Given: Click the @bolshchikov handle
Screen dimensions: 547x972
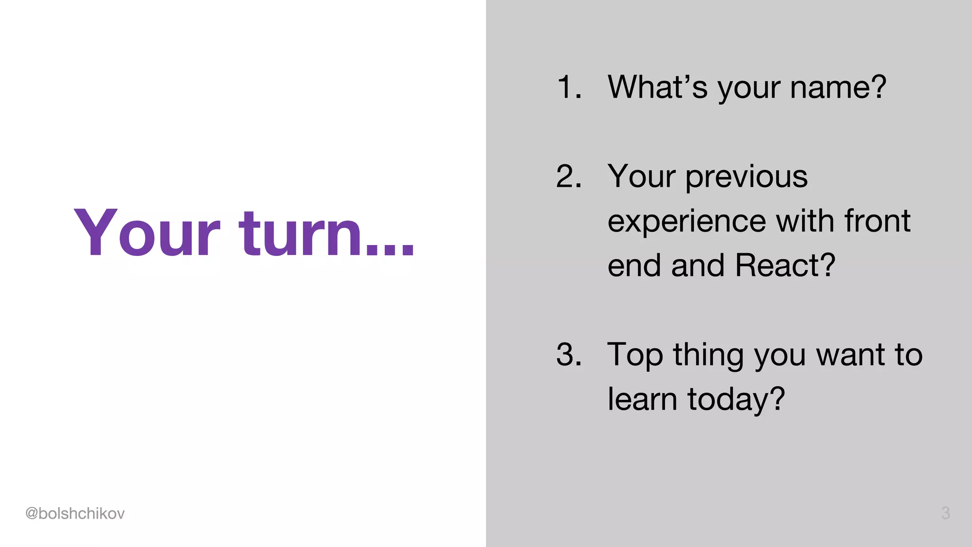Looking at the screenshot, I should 75,513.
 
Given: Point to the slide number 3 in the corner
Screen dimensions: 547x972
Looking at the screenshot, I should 945,513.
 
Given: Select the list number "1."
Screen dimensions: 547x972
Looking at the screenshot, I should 569,87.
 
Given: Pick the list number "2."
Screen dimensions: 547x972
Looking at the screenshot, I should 569,177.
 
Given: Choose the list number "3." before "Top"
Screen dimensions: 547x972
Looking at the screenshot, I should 569,355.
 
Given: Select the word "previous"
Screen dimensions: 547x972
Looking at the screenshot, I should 746,177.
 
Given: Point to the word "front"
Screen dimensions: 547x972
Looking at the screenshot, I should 878,221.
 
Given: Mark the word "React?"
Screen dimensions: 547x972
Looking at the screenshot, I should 785,265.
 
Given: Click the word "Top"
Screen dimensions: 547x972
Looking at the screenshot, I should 635,356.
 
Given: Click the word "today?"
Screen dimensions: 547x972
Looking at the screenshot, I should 736,400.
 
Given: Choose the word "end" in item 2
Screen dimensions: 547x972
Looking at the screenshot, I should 635,265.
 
